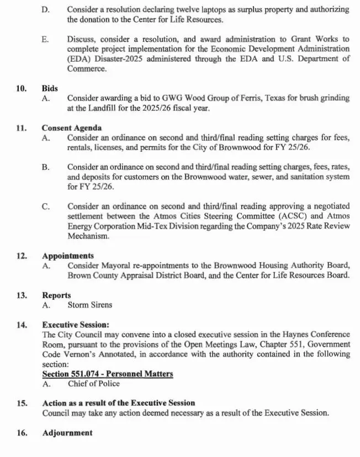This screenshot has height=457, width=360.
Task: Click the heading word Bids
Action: pos(50,88)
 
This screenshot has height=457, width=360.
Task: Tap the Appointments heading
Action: pos(67,256)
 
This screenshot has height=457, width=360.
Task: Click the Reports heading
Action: pos(56,295)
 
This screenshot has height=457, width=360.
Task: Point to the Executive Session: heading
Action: pos(75,325)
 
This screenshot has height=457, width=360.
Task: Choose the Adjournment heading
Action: pos(67,433)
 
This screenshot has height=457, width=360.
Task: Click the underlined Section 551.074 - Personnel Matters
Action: pos(108,374)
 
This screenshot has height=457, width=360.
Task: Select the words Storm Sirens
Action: pos(89,305)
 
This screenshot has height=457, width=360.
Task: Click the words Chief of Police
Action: pos(93,384)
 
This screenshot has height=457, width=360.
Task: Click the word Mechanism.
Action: pos(88,236)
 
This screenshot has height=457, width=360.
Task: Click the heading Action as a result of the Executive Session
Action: pos(119,403)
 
